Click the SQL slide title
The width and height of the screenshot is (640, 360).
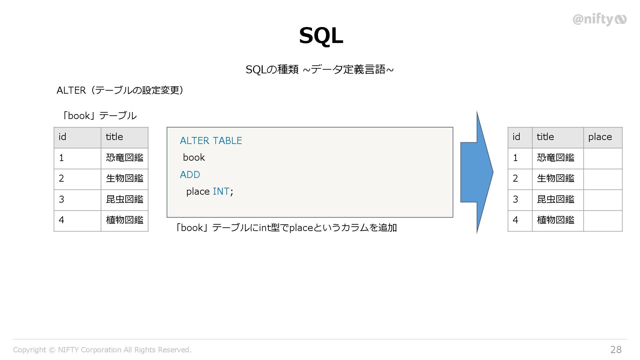(x=321, y=36)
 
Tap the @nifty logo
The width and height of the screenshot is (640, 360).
(x=599, y=20)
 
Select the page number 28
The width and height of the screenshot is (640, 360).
(x=616, y=349)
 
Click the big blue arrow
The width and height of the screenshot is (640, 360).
(x=477, y=172)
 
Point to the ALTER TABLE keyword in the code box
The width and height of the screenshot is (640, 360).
(x=211, y=141)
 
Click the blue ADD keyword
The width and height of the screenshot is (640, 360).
(x=190, y=175)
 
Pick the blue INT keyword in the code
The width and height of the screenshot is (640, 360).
(x=221, y=191)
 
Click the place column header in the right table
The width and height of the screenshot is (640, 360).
(x=600, y=137)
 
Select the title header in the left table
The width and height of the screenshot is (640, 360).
(x=114, y=137)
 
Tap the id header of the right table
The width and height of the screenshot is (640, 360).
(x=516, y=137)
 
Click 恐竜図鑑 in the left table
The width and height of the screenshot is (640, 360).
(x=124, y=158)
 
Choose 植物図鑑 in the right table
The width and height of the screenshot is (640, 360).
(x=556, y=220)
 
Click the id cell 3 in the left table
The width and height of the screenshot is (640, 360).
(x=62, y=199)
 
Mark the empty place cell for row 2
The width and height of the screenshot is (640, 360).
(x=603, y=179)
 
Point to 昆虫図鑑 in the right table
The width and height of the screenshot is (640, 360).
(x=556, y=199)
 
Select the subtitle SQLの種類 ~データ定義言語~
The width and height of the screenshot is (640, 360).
(x=319, y=70)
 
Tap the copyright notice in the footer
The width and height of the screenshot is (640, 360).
(x=102, y=350)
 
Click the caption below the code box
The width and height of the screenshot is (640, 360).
(x=286, y=228)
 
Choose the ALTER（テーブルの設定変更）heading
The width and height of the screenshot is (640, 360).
(x=120, y=90)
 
